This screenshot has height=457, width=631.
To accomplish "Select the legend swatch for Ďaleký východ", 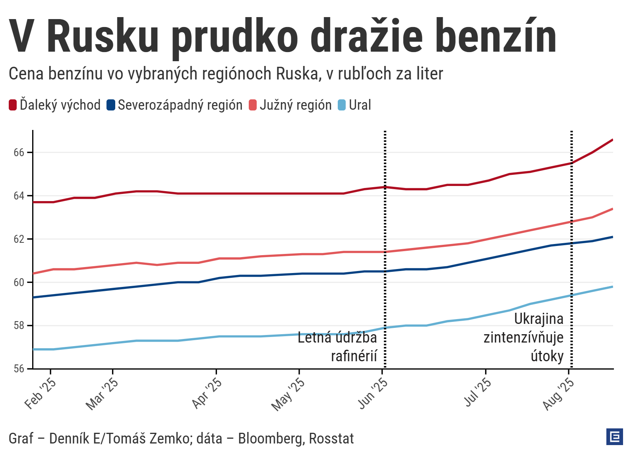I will click(13, 105).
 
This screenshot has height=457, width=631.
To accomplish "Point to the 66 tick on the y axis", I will click(19, 153).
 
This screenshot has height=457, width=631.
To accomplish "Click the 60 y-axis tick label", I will click(19, 283).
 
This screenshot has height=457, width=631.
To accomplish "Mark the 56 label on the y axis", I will click(19, 369).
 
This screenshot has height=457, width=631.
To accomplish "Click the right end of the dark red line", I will click(612, 140).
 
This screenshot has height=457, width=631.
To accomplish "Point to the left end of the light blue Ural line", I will click(33, 349).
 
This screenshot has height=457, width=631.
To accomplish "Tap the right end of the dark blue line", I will click(612, 237).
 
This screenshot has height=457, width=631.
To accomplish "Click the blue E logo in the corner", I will click(615, 437).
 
